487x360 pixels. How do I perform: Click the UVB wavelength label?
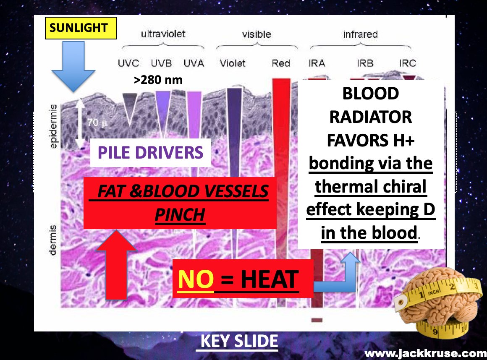(x=162, y=63)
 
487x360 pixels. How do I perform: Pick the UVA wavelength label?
(x=194, y=63)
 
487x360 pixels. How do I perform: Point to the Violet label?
(x=233, y=63)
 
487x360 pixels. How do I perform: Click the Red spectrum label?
(x=281, y=63)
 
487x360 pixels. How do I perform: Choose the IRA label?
(x=317, y=63)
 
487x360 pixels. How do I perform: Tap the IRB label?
(x=365, y=63)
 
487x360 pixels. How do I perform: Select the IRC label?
(x=407, y=63)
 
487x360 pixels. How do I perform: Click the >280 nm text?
(x=158, y=80)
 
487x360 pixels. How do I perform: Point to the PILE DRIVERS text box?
(x=151, y=152)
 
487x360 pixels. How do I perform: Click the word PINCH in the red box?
(x=180, y=215)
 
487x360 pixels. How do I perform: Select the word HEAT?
(x=269, y=279)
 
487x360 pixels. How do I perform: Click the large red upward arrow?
(x=116, y=264)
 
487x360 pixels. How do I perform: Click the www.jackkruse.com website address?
(x=425, y=353)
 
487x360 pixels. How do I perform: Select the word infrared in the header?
(x=360, y=34)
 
